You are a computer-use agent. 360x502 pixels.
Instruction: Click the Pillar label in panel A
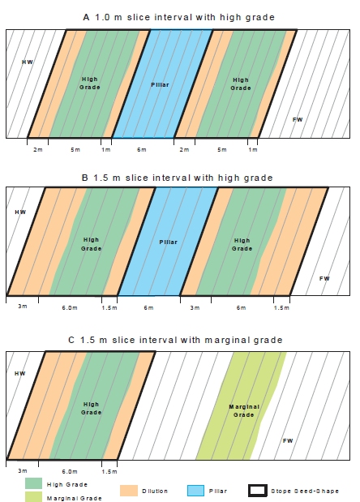tap(160, 85)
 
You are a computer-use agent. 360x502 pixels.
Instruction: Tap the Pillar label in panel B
tap(169, 242)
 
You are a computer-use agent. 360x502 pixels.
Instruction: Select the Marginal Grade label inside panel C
tap(244, 410)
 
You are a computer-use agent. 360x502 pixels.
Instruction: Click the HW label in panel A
tap(28, 62)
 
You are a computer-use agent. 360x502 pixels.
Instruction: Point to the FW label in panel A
tap(298, 120)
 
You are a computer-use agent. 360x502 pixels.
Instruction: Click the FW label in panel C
tap(288, 441)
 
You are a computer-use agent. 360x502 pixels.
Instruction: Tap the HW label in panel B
tap(20, 212)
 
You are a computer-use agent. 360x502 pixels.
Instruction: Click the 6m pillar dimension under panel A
tap(142, 149)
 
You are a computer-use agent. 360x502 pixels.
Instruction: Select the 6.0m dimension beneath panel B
tap(70, 307)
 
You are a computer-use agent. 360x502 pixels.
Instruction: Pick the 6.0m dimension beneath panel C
tap(70, 471)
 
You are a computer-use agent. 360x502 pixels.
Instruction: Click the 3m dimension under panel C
tap(23, 471)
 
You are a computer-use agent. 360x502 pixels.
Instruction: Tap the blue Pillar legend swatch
tap(195, 491)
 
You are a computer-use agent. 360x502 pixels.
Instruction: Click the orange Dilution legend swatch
tap(129, 491)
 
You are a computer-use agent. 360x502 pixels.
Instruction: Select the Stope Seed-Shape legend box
tap(258, 491)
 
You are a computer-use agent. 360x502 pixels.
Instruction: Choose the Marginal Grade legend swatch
tap(33, 497)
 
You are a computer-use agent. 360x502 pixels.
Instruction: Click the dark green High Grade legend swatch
tap(33, 483)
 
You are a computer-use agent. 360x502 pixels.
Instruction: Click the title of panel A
tap(178, 17)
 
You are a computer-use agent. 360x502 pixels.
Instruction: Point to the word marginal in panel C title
tap(228, 340)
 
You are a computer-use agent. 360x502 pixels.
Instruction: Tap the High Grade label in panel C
tap(91, 409)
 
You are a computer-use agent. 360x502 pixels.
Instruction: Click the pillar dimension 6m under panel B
tap(148, 307)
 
